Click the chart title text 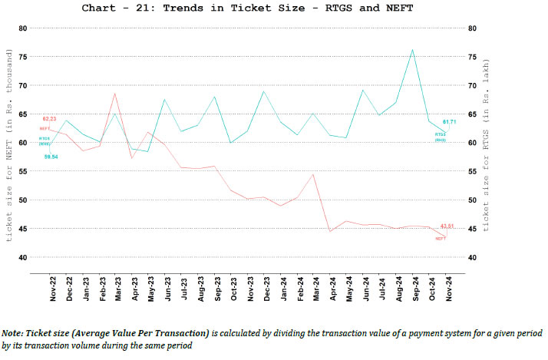point(274,8)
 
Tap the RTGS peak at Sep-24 point(412,50)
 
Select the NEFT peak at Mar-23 point(114,94)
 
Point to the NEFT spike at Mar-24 point(313,174)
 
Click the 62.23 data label point(49,119)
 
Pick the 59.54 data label point(51,157)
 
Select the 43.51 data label point(447,226)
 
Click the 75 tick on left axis point(22,57)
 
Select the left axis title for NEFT point(9,146)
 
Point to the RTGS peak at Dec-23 point(263,91)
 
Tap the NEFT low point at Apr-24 point(330,231)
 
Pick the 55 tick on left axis point(22,171)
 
